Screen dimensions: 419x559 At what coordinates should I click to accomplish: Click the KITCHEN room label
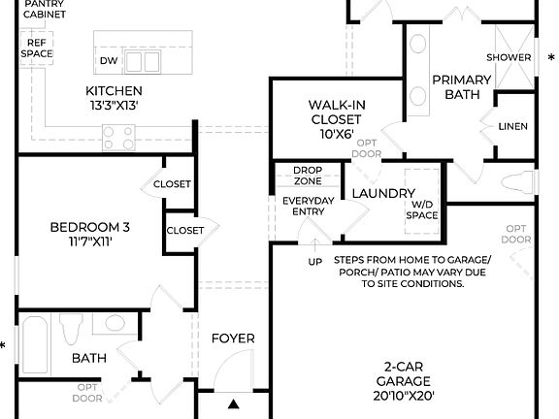[x=114, y=91]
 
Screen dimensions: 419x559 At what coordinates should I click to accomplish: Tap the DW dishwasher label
[x=108, y=61]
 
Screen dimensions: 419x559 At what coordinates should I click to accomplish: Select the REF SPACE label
[x=37, y=48]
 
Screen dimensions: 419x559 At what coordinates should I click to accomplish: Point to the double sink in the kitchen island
[x=143, y=62]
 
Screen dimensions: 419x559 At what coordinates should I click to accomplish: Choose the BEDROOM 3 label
[x=89, y=228]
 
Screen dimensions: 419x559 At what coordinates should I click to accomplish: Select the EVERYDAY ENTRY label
[x=308, y=207]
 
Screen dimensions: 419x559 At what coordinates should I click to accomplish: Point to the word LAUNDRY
[x=382, y=194]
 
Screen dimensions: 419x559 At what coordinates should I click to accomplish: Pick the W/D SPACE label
[x=421, y=209]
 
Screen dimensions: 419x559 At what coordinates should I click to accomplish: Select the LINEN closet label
[x=512, y=126]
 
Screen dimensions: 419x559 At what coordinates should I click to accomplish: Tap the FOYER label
[x=233, y=338]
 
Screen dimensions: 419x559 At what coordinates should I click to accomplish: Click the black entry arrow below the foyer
[x=233, y=403]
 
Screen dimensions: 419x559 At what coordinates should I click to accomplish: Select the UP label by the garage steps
[x=314, y=262]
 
